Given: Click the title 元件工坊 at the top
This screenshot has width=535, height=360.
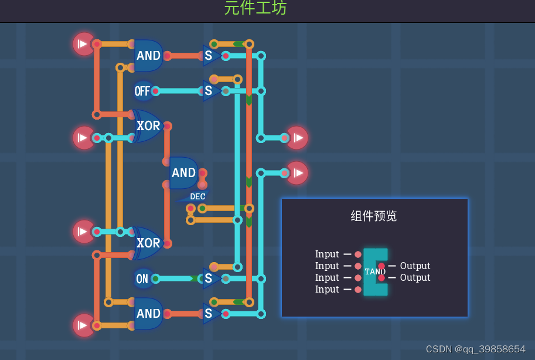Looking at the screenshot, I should [255, 8].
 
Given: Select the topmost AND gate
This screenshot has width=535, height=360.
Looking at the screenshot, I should [148, 56].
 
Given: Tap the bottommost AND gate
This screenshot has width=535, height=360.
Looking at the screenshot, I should [148, 314].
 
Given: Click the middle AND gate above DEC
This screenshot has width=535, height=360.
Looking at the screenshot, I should [183, 173].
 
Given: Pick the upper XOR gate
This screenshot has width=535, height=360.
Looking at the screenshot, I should [148, 126].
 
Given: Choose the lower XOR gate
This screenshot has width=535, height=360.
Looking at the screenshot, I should [148, 243].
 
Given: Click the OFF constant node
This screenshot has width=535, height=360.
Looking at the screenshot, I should [142, 91].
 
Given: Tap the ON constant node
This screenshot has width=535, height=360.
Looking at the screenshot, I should [142, 279].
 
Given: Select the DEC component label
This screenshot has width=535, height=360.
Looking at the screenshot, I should [197, 196].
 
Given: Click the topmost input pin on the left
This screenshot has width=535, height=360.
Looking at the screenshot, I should [84, 44].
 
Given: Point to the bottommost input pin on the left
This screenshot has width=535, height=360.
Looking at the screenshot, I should [84, 325].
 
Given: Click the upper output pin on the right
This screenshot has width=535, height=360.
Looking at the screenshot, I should [297, 138].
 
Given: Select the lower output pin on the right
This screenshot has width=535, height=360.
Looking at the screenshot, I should [297, 173].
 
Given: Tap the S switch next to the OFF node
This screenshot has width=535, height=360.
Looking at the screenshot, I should [210, 91].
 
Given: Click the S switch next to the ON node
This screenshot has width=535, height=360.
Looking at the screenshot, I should [210, 279].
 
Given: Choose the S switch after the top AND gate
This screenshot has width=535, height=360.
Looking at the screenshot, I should [210, 56].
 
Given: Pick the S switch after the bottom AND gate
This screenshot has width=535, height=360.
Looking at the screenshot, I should [210, 314].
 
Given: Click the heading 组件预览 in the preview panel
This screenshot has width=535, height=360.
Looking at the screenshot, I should [374, 216].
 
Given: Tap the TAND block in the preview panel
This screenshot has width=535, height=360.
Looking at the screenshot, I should [375, 271].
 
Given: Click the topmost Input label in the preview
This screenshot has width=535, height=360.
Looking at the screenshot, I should [327, 254].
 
